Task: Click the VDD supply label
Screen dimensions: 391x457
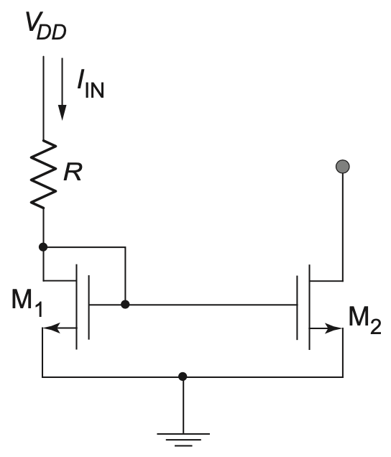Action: point(46,26)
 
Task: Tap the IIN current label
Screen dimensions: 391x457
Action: point(91,84)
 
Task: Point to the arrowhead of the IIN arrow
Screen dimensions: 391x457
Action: point(62,113)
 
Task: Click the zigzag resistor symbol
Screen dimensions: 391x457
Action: point(43,174)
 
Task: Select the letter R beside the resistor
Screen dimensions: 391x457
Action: point(73,172)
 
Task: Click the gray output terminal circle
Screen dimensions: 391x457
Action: point(343,167)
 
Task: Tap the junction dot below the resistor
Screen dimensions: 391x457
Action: point(43,247)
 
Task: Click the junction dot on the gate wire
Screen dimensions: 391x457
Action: point(125,305)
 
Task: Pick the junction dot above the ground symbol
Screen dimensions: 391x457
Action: point(183,377)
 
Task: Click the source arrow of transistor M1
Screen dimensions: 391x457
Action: point(60,328)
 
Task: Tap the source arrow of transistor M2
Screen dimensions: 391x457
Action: point(326,328)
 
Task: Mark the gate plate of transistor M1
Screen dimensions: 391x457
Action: point(88,308)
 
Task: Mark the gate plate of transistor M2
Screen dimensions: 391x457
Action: point(297,308)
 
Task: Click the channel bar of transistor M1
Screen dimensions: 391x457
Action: point(77,307)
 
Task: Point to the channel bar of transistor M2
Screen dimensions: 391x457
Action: point(309,307)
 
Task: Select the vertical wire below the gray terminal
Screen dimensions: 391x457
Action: point(343,227)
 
